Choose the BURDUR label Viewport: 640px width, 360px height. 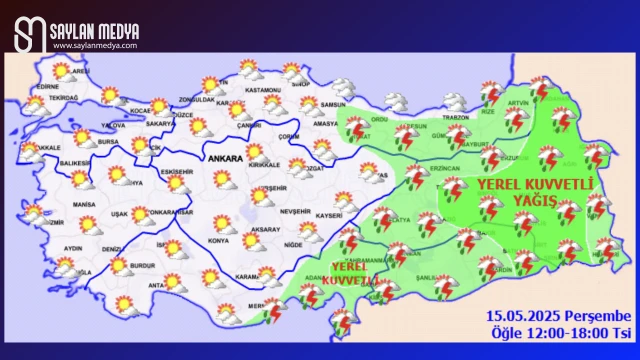pos(146,268)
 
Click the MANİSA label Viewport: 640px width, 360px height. pos(84,204)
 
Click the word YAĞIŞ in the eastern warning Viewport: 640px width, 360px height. pos(536,200)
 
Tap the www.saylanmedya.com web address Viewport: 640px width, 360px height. pos(95,45)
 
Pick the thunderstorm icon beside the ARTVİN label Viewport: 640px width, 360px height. pos(539,91)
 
